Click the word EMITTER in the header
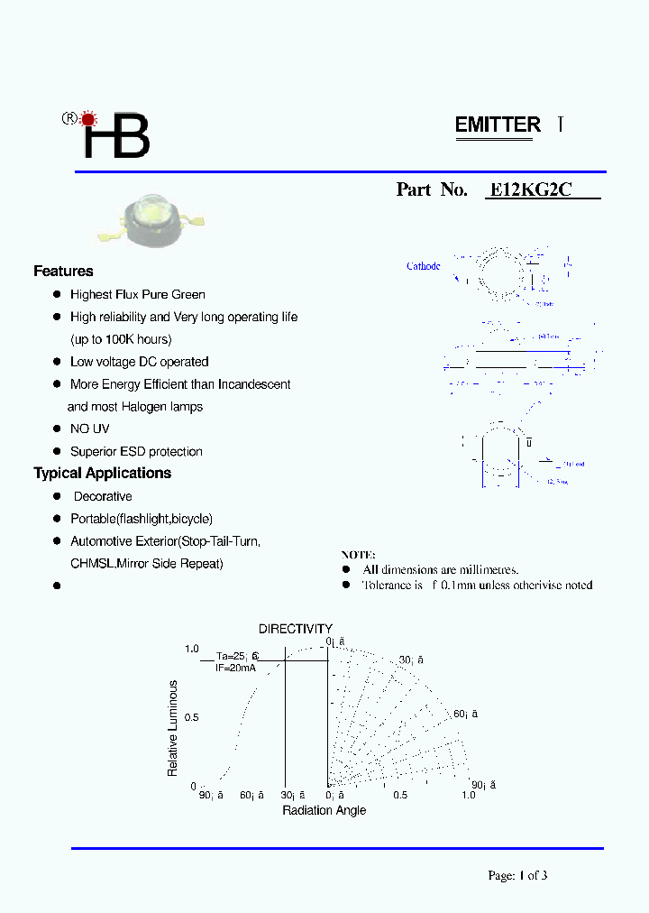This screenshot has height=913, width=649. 498,125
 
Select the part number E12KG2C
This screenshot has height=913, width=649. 530,190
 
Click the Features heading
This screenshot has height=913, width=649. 63,272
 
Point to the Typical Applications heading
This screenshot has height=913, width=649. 102,474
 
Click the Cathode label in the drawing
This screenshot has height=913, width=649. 423,266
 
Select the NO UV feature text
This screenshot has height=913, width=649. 90,429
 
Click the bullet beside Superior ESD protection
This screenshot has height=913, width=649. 56,451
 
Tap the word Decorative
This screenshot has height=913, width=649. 103,497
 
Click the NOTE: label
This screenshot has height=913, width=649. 358,555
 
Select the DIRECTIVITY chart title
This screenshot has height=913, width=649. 296,629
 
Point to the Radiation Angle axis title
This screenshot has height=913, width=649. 324,810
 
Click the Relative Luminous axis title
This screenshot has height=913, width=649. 173,728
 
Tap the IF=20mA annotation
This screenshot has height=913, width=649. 235,668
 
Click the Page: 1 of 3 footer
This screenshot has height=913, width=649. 517,875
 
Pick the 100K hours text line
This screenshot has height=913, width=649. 121,340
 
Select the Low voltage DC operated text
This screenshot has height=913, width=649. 139,362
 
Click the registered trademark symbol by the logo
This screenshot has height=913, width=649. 68,118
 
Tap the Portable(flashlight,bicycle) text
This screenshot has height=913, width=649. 142,519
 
